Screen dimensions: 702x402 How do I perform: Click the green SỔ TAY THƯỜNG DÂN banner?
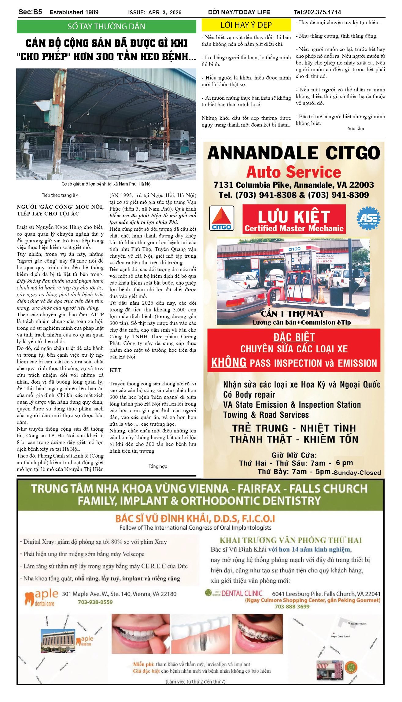pyautogui.click(x=106, y=27)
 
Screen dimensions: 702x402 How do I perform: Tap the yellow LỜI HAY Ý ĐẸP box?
pyautogui.click(x=246, y=25)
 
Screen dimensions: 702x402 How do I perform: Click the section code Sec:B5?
pyautogui.click(x=30, y=12)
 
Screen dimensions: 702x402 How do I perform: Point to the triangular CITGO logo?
pyautogui.click(x=222, y=218)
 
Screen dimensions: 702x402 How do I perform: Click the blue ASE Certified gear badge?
pyautogui.click(x=368, y=218)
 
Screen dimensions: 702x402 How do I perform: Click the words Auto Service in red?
pyautogui.click(x=293, y=172)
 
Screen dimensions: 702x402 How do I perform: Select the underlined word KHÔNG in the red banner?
pyautogui.click(x=229, y=362)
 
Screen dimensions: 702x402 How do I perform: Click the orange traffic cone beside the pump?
pyautogui.click(x=321, y=295)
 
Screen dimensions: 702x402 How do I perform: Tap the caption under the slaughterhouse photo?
pyautogui.click(x=106, y=184)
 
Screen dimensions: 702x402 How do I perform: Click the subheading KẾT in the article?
pyautogui.click(x=116, y=370)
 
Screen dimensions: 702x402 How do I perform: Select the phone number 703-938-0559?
pyautogui.click(x=95, y=602)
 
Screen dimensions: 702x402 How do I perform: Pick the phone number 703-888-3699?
pyautogui.click(x=292, y=607)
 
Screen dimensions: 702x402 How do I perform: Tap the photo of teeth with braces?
pyautogui.click(x=257, y=634)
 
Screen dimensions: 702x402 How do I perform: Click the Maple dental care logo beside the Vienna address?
pyautogui.click(x=41, y=597)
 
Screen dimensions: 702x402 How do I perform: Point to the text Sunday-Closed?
pyautogui.click(x=357, y=472)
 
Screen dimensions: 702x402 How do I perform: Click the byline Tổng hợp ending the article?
pyautogui.click(x=158, y=466)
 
